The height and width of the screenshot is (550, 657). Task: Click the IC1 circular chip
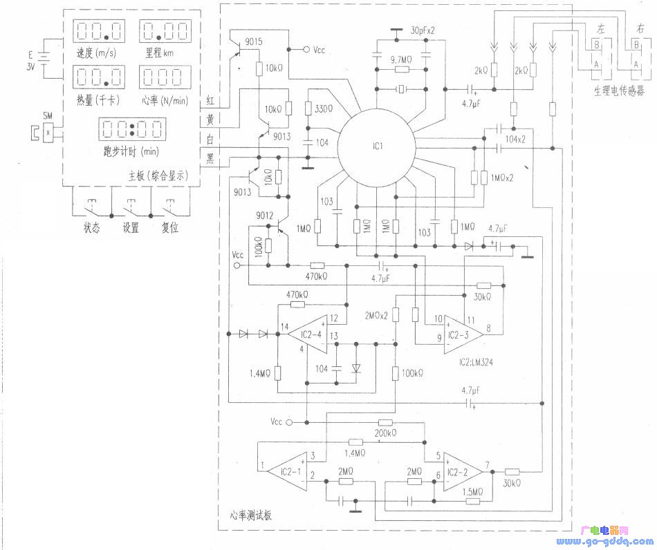pos(376,147)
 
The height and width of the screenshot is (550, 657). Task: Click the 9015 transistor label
pos(254,41)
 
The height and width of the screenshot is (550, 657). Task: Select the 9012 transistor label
pos(266,216)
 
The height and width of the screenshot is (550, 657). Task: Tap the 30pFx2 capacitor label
pos(425,31)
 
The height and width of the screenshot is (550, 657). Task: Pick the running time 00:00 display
pos(132,129)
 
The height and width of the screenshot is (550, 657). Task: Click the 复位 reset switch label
pos(170,228)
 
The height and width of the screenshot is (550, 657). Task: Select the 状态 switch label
pos(91,228)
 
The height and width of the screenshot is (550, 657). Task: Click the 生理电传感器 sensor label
pos(618,90)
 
